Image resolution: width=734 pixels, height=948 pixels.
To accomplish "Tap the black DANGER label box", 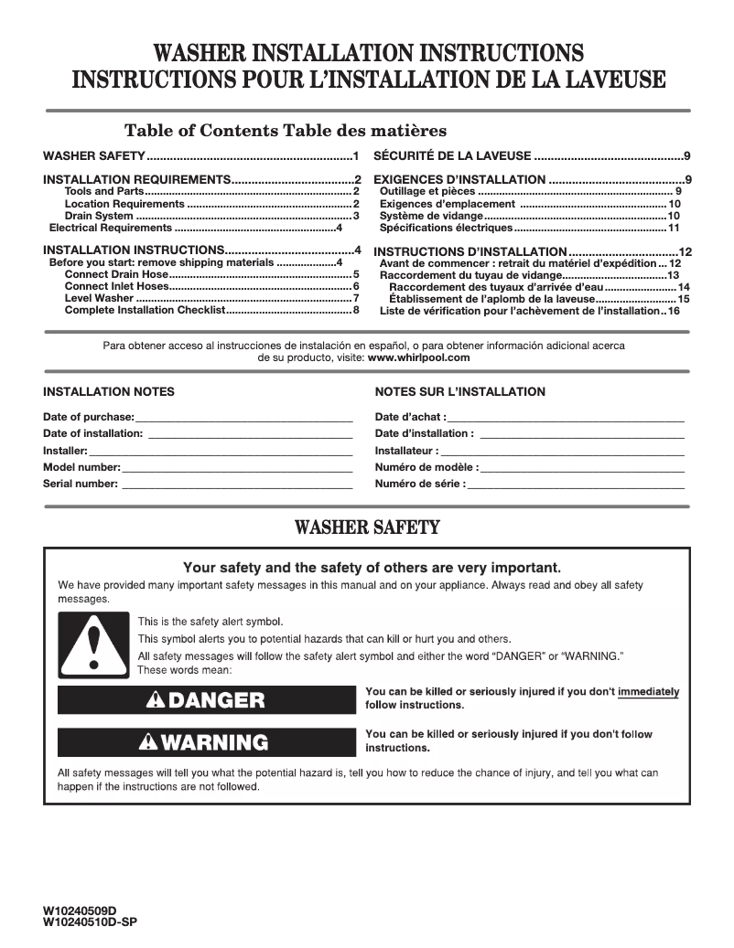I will [x=206, y=700].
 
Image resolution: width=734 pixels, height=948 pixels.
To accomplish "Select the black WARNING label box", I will [x=206, y=742].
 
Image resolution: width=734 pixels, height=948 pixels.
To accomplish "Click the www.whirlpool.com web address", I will [x=418, y=358].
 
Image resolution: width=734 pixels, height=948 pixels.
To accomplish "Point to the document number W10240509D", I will [x=81, y=911].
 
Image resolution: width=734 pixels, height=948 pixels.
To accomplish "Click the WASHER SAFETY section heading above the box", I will [x=367, y=527].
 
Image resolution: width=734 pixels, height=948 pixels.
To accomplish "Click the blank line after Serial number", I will [x=237, y=485].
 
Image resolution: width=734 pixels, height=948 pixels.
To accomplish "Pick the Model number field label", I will [x=81, y=467].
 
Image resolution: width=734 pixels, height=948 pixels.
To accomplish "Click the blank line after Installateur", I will [x=563, y=451].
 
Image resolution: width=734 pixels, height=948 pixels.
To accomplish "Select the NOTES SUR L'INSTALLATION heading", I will [x=459, y=392].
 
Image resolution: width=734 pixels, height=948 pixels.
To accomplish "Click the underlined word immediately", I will [x=649, y=692].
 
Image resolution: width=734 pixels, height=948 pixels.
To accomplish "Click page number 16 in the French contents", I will [x=675, y=311].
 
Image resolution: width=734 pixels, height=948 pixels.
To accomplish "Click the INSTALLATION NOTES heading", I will [x=109, y=392].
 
